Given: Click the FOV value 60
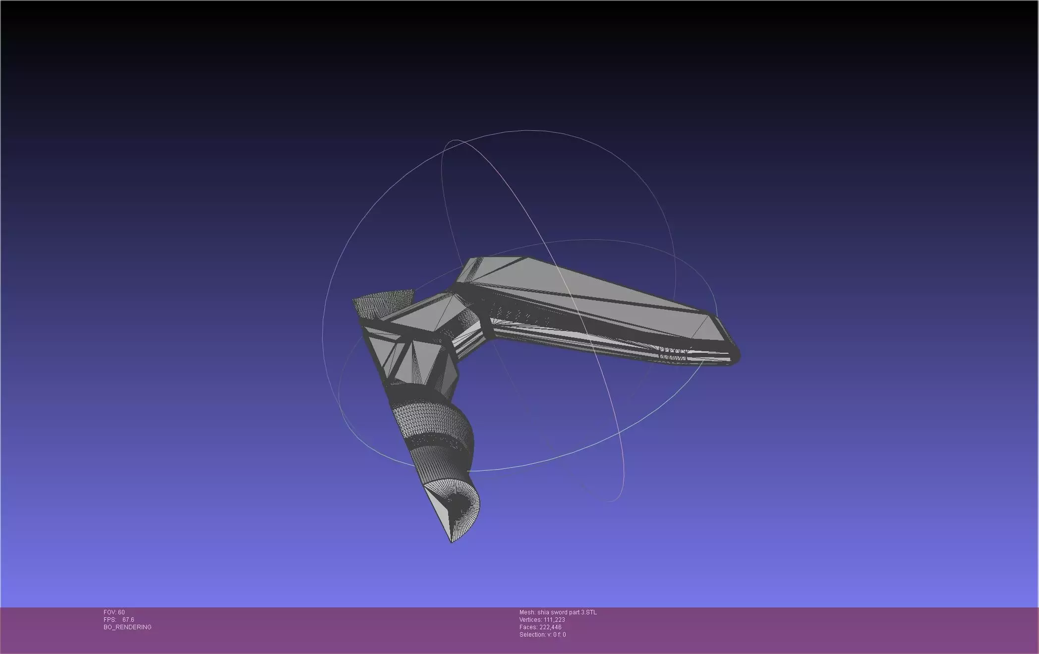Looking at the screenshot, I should (121, 612).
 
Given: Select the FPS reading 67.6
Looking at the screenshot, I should (128, 620).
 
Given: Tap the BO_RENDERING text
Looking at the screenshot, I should (127, 627).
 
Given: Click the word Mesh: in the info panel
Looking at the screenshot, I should (527, 612).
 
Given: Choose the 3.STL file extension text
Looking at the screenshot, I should (588, 612).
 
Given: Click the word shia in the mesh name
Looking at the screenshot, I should (543, 612).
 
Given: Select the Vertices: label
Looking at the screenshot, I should (530, 620).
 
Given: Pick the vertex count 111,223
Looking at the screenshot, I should (554, 620).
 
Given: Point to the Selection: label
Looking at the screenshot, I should (532, 635).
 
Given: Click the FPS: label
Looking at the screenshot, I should (110, 620).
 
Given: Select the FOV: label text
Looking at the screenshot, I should (110, 612).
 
